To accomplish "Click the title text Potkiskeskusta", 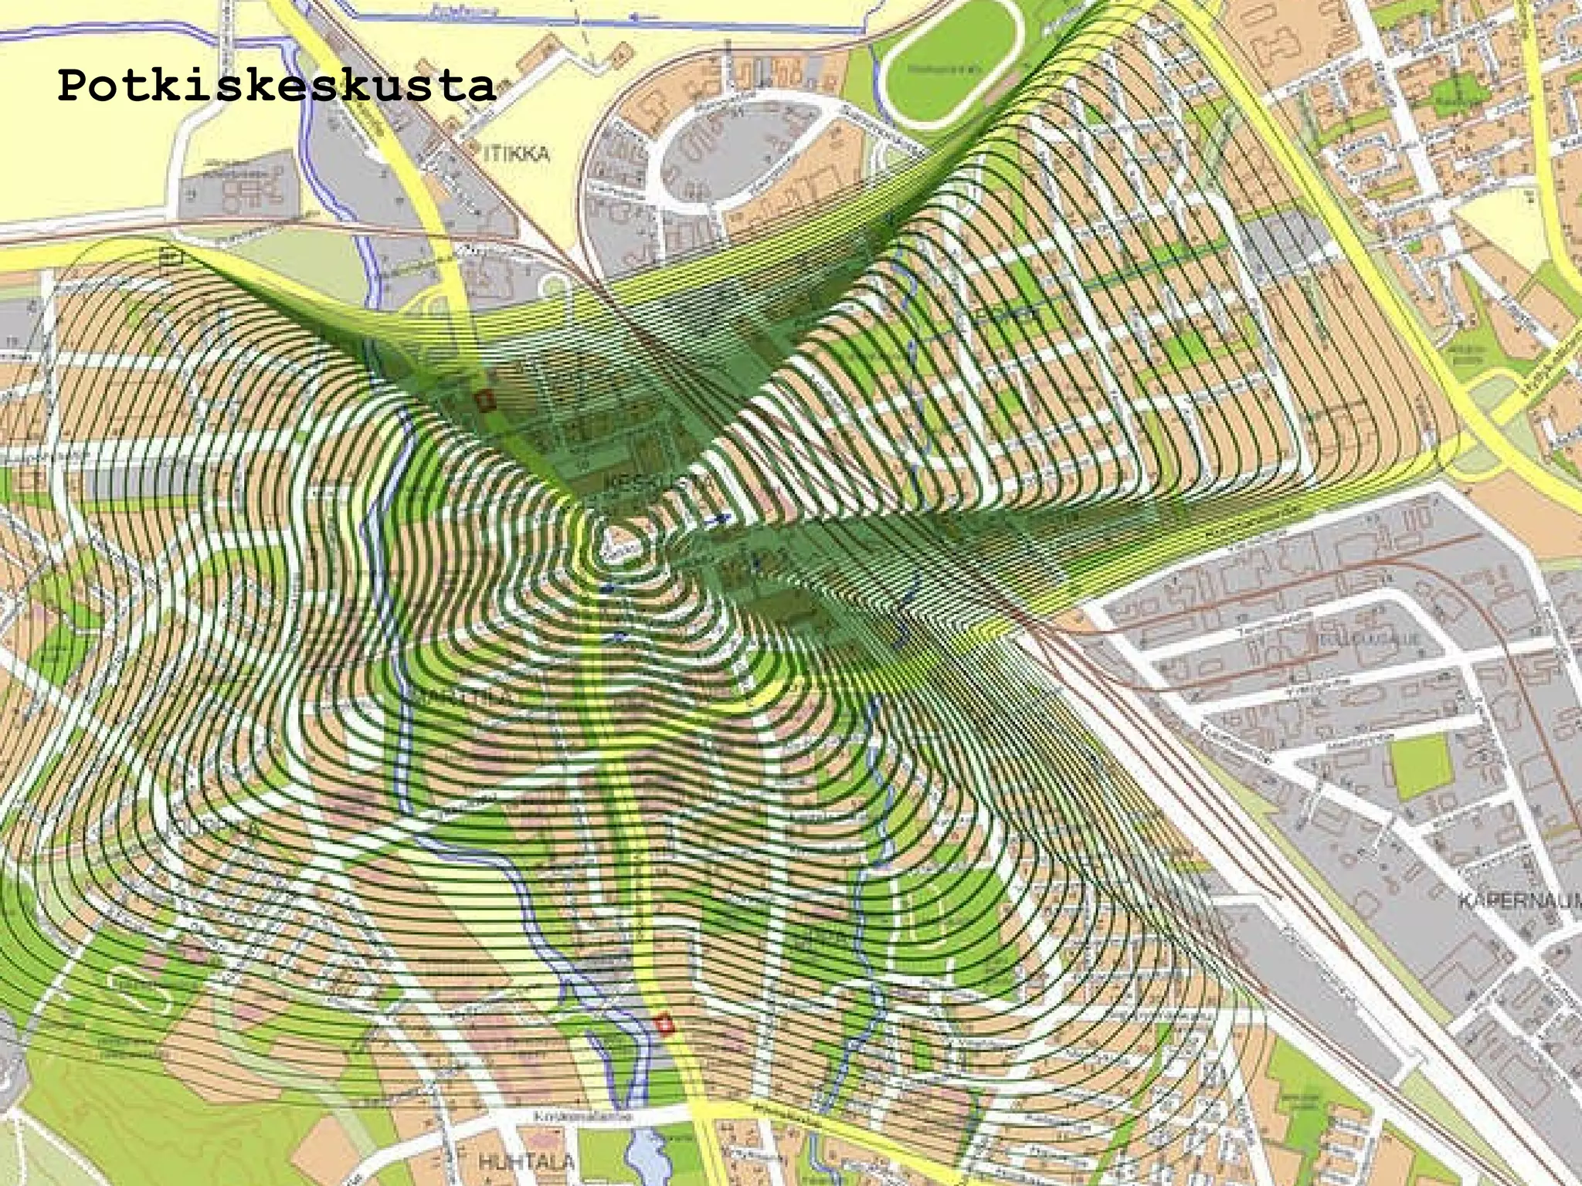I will [x=276, y=86].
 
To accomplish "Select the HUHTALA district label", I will [x=525, y=1161].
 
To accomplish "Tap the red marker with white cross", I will [x=664, y=1025].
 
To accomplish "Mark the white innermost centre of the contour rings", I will [x=618, y=544].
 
